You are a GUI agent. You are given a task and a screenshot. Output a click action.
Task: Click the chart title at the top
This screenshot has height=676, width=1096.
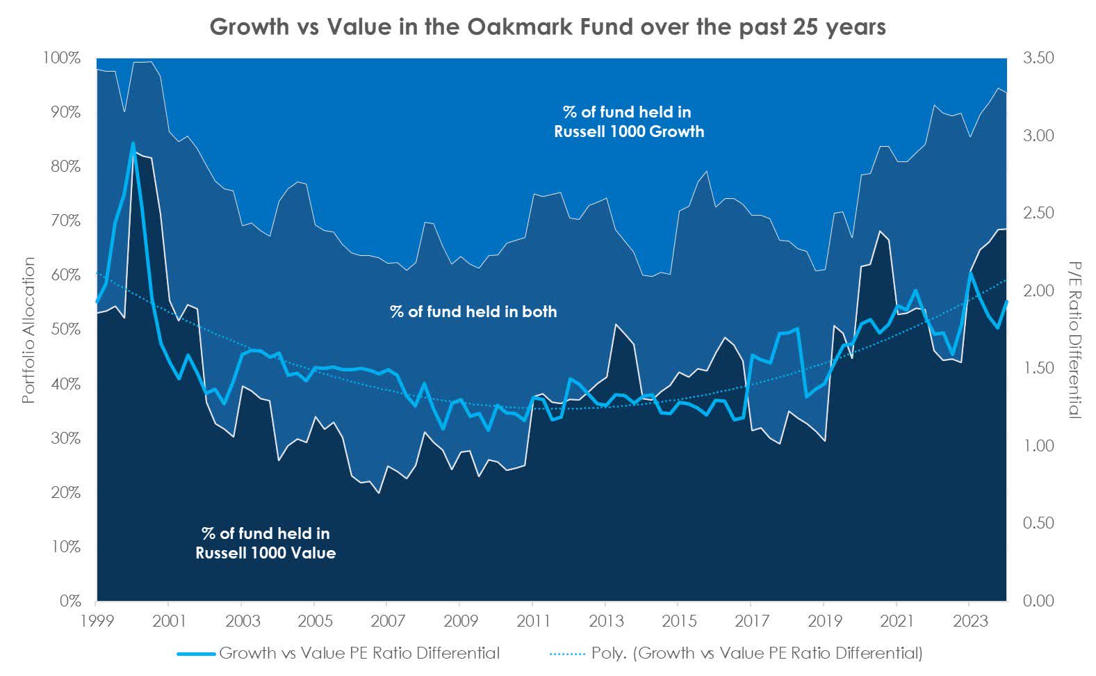click(x=548, y=26)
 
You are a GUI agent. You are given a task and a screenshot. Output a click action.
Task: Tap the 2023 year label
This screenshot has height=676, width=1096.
click(x=970, y=620)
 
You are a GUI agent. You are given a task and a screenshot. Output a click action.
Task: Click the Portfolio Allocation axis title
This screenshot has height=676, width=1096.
click(x=29, y=330)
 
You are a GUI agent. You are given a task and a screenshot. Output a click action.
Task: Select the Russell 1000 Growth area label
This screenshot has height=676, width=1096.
click(x=628, y=122)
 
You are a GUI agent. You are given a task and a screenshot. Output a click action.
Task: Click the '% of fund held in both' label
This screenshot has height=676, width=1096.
click(x=473, y=312)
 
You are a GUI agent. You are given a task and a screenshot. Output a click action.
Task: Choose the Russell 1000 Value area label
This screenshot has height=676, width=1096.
click(x=265, y=543)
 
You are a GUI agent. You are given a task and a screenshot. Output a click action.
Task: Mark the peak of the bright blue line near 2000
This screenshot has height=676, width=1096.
click(x=133, y=143)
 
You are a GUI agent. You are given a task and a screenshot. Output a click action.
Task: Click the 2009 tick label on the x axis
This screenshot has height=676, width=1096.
click(x=459, y=620)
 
